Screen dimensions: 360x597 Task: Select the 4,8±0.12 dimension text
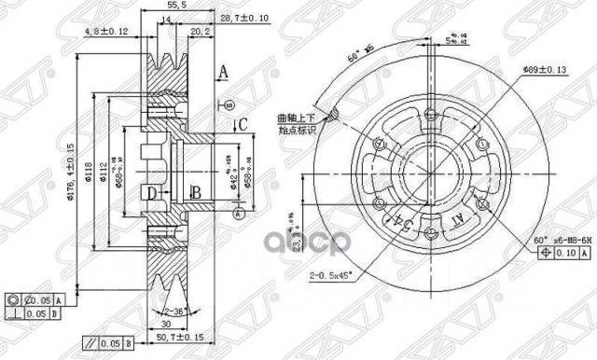pyautogui.click(x=104, y=32)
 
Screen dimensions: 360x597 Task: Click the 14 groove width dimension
pyautogui.click(x=164, y=20)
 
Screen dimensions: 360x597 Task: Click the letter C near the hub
pyautogui.click(x=241, y=124)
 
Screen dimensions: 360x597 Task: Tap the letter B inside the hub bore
pyautogui.click(x=196, y=193)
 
